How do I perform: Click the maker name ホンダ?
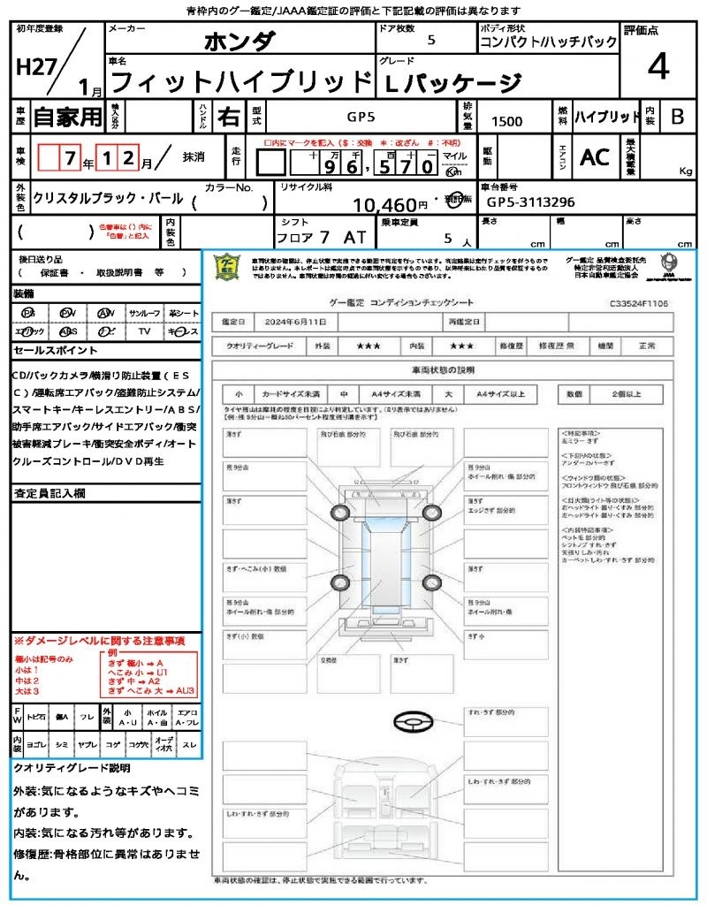click(239, 41)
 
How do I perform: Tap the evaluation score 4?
click(657, 67)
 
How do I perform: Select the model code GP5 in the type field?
click(360, 116)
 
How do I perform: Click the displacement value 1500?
click(506, 121)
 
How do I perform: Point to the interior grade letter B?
click(677, 116)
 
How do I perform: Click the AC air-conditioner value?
click(594, 157)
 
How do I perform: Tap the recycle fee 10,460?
click(390, 205)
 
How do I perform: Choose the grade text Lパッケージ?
click(451, 82)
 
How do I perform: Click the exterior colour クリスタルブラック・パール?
click(108, 199)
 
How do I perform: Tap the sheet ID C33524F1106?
click(638, 303)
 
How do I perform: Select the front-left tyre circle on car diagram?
click(340, 513)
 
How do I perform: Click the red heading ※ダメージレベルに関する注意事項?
click(99, 640)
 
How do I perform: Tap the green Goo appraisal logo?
click(227, 267)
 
